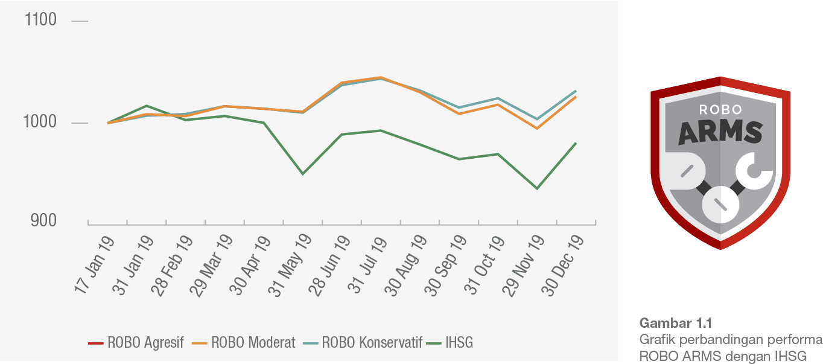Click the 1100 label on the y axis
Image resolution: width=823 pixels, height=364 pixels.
coord(41,21)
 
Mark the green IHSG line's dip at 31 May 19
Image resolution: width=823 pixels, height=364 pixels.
coord(302,174)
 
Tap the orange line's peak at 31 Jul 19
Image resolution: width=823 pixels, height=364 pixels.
coord(380,77)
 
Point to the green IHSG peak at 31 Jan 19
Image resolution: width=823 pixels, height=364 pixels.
coord(146,106)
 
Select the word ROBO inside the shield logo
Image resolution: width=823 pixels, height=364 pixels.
coord(720,110)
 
